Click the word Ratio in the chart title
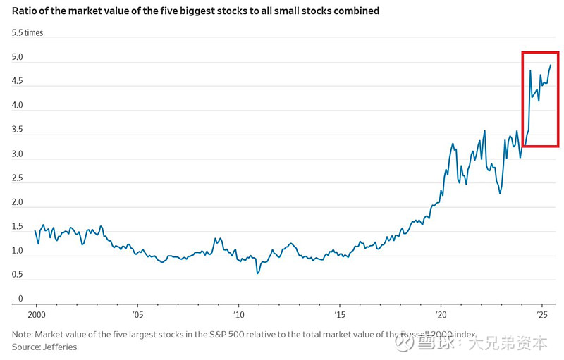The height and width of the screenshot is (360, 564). point(25,11)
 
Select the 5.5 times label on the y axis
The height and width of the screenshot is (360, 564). point(27,33)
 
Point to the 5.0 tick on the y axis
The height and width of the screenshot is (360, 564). point(17,58)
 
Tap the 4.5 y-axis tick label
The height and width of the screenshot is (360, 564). point(17,82)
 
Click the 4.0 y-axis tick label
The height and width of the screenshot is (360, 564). point(17,106)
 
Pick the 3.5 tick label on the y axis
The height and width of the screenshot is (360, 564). point(17,130)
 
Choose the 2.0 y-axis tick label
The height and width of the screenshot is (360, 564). point(17,203)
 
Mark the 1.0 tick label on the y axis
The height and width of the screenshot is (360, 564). point(17,252)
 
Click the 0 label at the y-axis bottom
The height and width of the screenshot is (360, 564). point(20,299)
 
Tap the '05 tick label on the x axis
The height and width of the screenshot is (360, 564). point(137,315)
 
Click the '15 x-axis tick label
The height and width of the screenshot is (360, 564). point(340,315)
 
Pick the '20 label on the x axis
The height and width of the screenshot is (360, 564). point(441,315)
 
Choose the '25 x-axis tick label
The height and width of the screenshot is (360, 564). point(542,315)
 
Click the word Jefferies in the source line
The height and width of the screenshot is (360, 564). point(59,347)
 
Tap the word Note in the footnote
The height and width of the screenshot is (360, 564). point(23,335)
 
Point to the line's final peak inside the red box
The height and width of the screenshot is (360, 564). point(550,66)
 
